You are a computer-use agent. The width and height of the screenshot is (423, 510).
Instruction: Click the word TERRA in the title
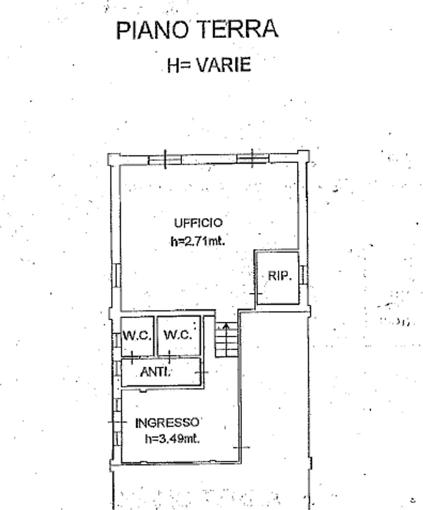[238, 29]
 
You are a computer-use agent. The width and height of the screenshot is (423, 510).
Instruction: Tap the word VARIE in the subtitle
[224, 64]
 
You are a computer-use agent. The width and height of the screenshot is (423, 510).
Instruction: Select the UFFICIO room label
[198, 223]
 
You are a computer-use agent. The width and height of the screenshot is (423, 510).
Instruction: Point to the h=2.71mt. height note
[198, 242]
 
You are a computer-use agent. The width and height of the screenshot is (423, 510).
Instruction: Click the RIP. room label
[280, 276]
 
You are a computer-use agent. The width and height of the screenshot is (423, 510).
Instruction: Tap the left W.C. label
[137, 335]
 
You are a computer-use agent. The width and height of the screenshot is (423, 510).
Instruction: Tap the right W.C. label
[177, 334]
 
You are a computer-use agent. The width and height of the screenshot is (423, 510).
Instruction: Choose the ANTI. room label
[155, 372]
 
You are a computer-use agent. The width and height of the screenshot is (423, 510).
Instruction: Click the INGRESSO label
[167, 423]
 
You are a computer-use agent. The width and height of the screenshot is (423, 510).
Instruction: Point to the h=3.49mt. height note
[172, 439]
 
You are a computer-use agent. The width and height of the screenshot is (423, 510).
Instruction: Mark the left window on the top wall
[165, 160]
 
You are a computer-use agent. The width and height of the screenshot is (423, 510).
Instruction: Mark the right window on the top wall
[253, 158]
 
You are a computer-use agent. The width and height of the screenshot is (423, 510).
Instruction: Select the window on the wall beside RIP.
[303, 274]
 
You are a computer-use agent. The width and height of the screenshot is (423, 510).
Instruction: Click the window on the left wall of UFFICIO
[116, 275]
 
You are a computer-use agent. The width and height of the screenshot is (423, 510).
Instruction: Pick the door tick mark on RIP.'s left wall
[256, 294]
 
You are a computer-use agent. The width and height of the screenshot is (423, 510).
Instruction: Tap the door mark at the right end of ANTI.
[202, 372]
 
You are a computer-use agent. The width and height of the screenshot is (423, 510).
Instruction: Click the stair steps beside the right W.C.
[226, 340]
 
